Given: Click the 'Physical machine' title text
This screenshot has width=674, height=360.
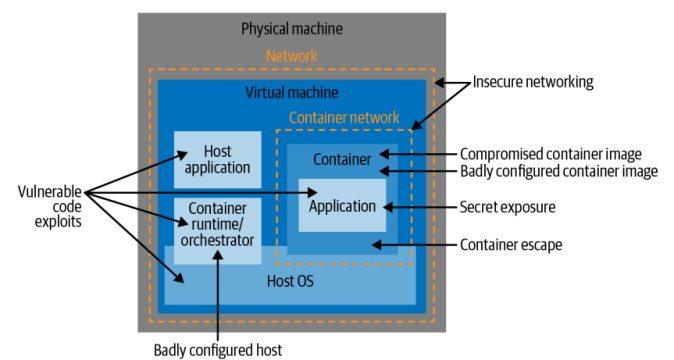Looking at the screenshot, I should point(291,27).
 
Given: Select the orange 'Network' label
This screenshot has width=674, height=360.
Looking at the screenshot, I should point(291,57).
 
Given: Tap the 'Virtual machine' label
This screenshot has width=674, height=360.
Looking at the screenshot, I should point(291,92).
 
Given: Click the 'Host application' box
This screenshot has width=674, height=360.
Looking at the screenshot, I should point(217,159).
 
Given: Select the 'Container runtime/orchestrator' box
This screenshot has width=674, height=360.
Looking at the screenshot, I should point(217,229).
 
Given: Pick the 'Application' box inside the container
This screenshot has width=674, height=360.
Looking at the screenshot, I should point(342,206).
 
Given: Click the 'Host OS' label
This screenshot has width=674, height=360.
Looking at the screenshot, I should point(291,281).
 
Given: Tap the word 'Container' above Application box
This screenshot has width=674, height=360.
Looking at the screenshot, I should point(342,159).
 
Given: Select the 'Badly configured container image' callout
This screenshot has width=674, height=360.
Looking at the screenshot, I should point(558,171).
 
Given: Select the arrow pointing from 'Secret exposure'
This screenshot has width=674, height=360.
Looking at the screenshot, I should point(418,207).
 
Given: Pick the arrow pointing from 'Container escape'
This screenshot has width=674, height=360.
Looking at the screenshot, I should point(410,244).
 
